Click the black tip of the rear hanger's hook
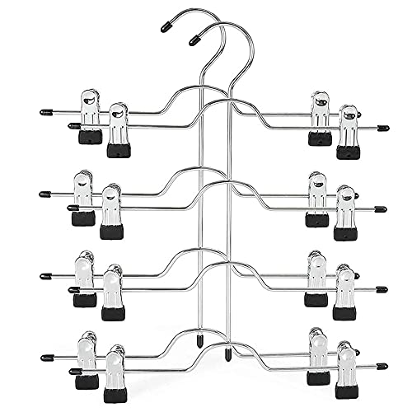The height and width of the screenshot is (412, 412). tap(166, 26)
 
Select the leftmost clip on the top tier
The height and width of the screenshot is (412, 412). tap(90, 115)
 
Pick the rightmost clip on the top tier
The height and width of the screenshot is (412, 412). tap(347, 131)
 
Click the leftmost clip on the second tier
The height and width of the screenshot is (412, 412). tap(84, 198)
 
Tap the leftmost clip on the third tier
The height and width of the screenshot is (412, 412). tap(84, 280)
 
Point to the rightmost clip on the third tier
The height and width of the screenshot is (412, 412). tap(345, 293)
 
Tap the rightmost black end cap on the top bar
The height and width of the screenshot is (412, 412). tap(382, 128)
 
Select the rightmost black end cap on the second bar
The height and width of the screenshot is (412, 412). tap(382, 209)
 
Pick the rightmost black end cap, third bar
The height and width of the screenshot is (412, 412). tap(382, 290)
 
